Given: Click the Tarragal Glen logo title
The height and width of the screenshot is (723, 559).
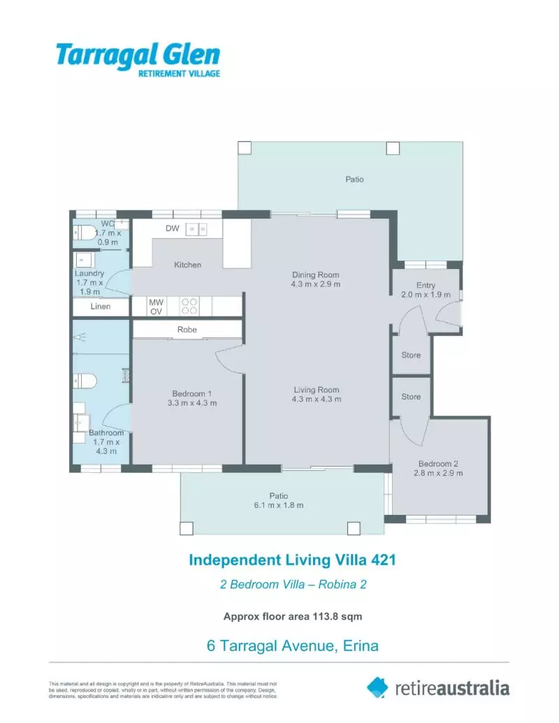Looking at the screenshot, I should click(x=138, y=55).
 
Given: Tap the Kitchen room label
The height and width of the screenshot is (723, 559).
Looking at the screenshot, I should click(x=187, y=265).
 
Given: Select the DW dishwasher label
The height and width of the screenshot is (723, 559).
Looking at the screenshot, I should click(x=173, y=228).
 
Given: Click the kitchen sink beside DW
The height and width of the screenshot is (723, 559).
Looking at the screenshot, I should click(x=196, y=228).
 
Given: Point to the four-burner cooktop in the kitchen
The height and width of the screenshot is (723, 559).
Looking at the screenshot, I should click(x=189, y=306).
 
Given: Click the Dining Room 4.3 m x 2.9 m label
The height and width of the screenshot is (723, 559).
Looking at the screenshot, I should click(x=316, y=279).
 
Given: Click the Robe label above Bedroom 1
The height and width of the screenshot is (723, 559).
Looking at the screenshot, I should click(x=187, y=329).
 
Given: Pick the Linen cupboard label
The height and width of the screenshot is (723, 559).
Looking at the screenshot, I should click(x=100, y=306).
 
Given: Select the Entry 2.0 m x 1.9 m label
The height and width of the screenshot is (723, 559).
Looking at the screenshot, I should click(x=426, y=290).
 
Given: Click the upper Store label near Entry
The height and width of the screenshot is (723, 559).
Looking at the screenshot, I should click(x=411, y=355).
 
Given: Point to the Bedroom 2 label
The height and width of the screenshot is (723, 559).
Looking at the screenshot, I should click(x=438, y=464).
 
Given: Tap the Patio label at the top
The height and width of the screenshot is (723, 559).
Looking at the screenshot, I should click(x=354, y=180).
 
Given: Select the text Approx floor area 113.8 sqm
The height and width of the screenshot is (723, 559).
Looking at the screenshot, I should click(x=292, y=616).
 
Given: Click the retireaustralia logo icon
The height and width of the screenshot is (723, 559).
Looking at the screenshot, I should click(x=377, y=687).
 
